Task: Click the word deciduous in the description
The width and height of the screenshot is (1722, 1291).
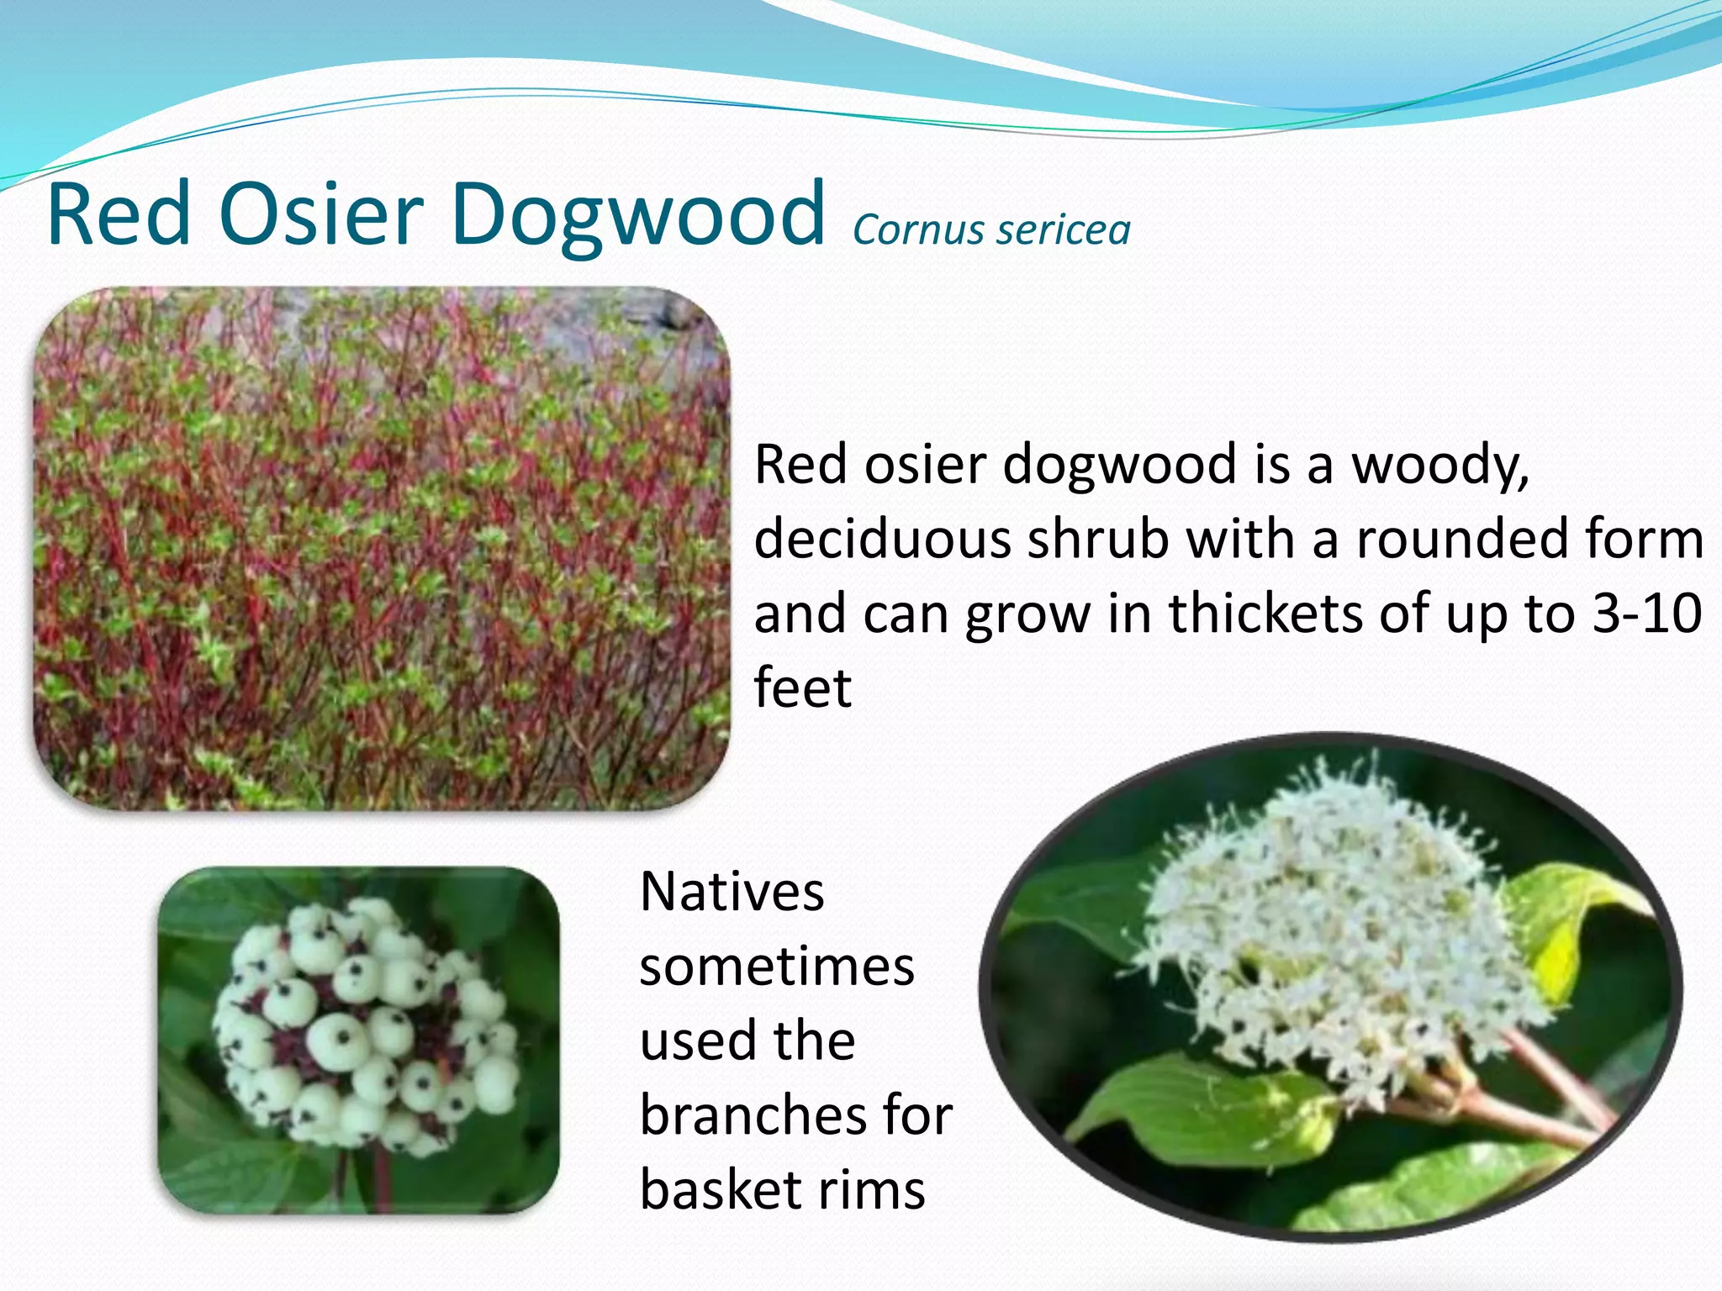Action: pyautogui.click(x=882, y=539)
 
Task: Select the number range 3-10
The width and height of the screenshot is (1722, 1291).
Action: pyautogui.click(x=1647, y=614)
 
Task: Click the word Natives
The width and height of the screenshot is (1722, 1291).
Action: pyautogui.click(x=732, y=892)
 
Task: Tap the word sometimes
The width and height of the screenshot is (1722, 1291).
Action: pyautogui.click(x=776, y=967)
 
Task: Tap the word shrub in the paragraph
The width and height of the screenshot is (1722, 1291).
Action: pyautogui.click(x=1097, y=539)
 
